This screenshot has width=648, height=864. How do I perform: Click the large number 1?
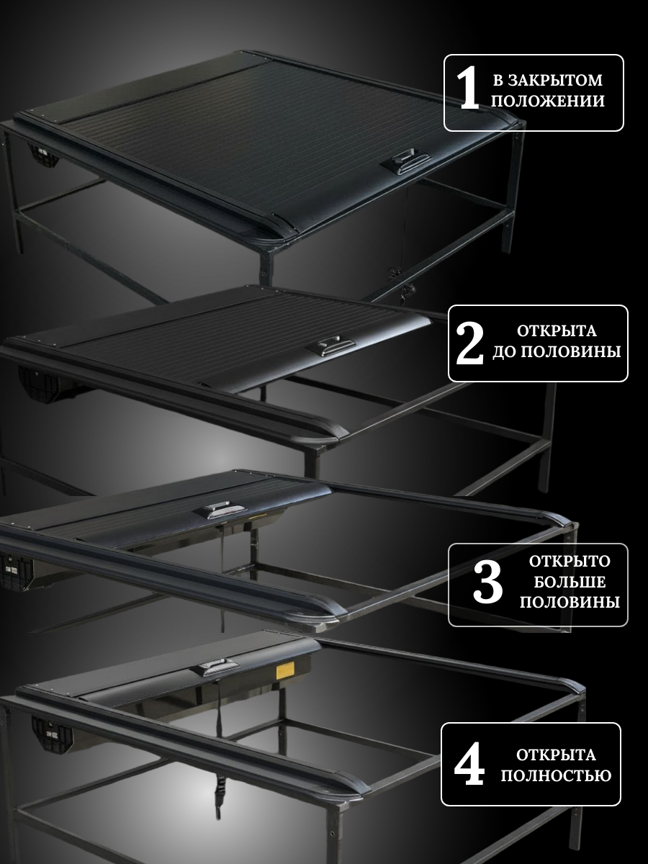coord(468,89)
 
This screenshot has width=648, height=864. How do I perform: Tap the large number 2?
coord(469,345)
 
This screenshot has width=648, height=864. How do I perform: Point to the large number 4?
coord(469,764)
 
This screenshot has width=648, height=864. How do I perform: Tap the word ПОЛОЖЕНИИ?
coord(548,102)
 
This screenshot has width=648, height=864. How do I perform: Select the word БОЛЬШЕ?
coord(570,582)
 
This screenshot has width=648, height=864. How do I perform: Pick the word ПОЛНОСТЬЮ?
coord(556,775)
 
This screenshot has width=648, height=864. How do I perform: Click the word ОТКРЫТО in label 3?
coord(570,562)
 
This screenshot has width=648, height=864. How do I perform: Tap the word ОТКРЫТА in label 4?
coord(556,755)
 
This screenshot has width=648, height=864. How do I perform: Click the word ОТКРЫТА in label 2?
coord(557,331)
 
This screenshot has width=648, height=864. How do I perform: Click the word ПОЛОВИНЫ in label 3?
coord(570,602)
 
